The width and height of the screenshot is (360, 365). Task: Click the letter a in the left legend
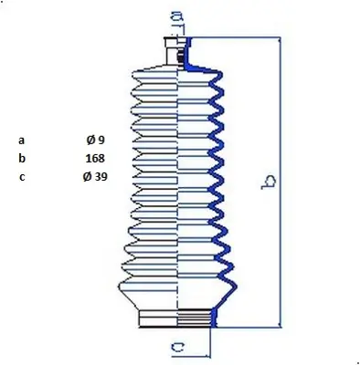pos(20,141)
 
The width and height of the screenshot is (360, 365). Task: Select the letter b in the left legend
pos(20,158)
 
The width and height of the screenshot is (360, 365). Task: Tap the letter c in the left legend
pos(20,176)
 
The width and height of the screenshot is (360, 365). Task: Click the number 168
pos(95,158)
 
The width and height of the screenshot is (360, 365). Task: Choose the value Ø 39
pos(95,176)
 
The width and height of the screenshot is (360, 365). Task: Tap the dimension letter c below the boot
pos(179,346)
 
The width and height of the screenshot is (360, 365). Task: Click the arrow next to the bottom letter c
pos(205,346)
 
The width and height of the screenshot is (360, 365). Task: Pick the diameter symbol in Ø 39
pos(87,176)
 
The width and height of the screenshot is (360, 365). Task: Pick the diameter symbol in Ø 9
pos(90,141)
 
